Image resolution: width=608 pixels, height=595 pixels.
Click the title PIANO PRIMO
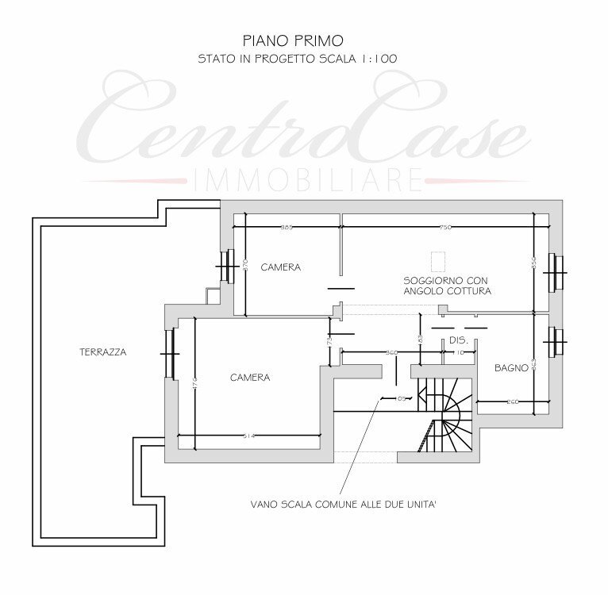[293, 39]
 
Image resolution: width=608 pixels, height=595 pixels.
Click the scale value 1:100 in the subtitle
[379, 58]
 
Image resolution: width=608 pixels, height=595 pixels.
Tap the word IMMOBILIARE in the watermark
[305, 180]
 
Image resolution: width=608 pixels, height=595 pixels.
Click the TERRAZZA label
[103, 351]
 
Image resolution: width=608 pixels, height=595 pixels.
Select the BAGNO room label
[511, 368]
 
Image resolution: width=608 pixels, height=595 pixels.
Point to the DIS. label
[459, 340]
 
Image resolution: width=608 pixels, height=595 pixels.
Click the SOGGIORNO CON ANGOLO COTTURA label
[447, 286]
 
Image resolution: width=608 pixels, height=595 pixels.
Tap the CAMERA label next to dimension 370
[281, 267]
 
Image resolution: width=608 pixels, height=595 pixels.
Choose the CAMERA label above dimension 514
[250, 378]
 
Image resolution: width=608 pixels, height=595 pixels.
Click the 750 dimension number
[445, 228]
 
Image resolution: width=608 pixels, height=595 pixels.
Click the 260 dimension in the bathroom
[513, 401]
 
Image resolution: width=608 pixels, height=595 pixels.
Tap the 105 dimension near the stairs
[402, 398]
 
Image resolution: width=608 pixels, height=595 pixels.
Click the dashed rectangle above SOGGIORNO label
[437, 261]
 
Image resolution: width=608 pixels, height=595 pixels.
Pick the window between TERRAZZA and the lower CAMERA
[168, 352]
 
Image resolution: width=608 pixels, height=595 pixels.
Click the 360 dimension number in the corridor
[391, 351]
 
